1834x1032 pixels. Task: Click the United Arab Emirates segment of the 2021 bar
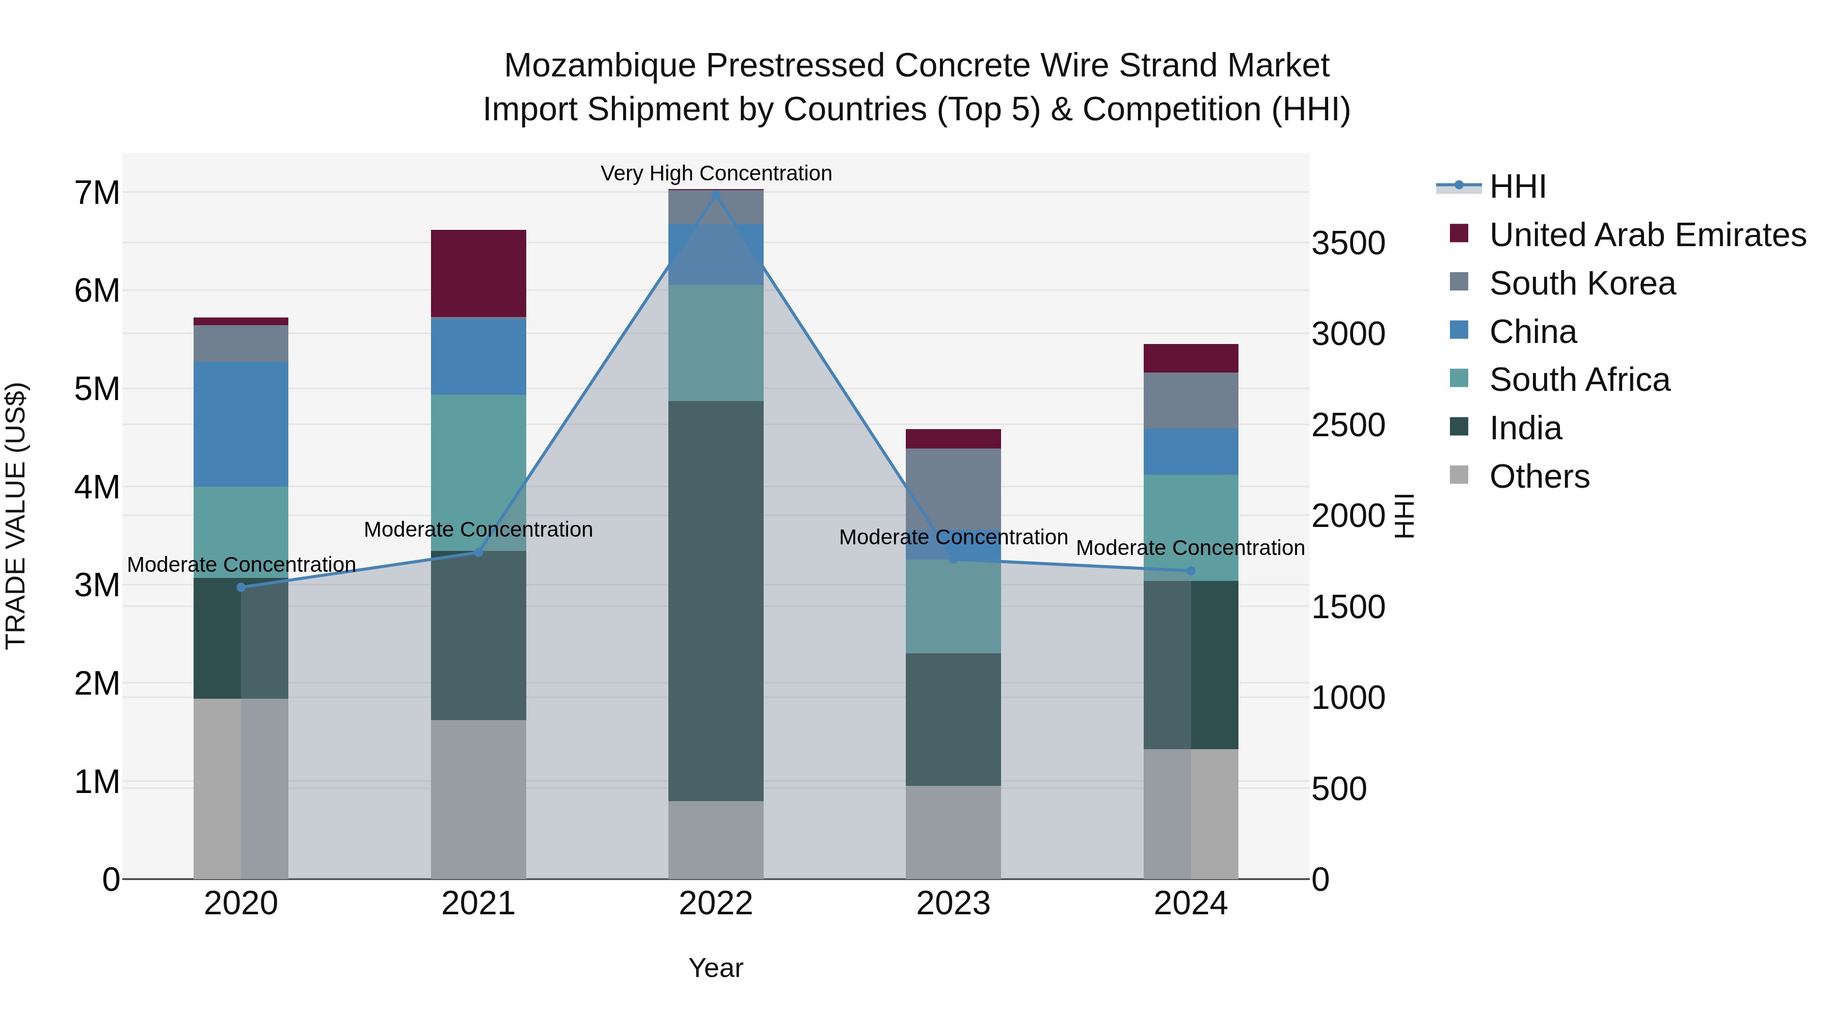tap(478, 274)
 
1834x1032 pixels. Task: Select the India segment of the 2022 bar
tap(716, 601)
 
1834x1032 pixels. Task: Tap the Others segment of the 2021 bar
tap(478, 799)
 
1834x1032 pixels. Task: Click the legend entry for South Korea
tap(1582, 283)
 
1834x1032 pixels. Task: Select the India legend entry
tap(1525, 429)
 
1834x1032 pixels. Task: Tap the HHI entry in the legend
tap(1517, 187)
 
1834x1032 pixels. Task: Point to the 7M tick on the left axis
tap(97, 193)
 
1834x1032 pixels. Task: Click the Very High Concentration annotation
tap(716, 173)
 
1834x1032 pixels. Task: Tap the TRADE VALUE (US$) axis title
tap(16, 516)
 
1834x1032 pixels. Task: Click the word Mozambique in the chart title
tap(600, 66)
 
